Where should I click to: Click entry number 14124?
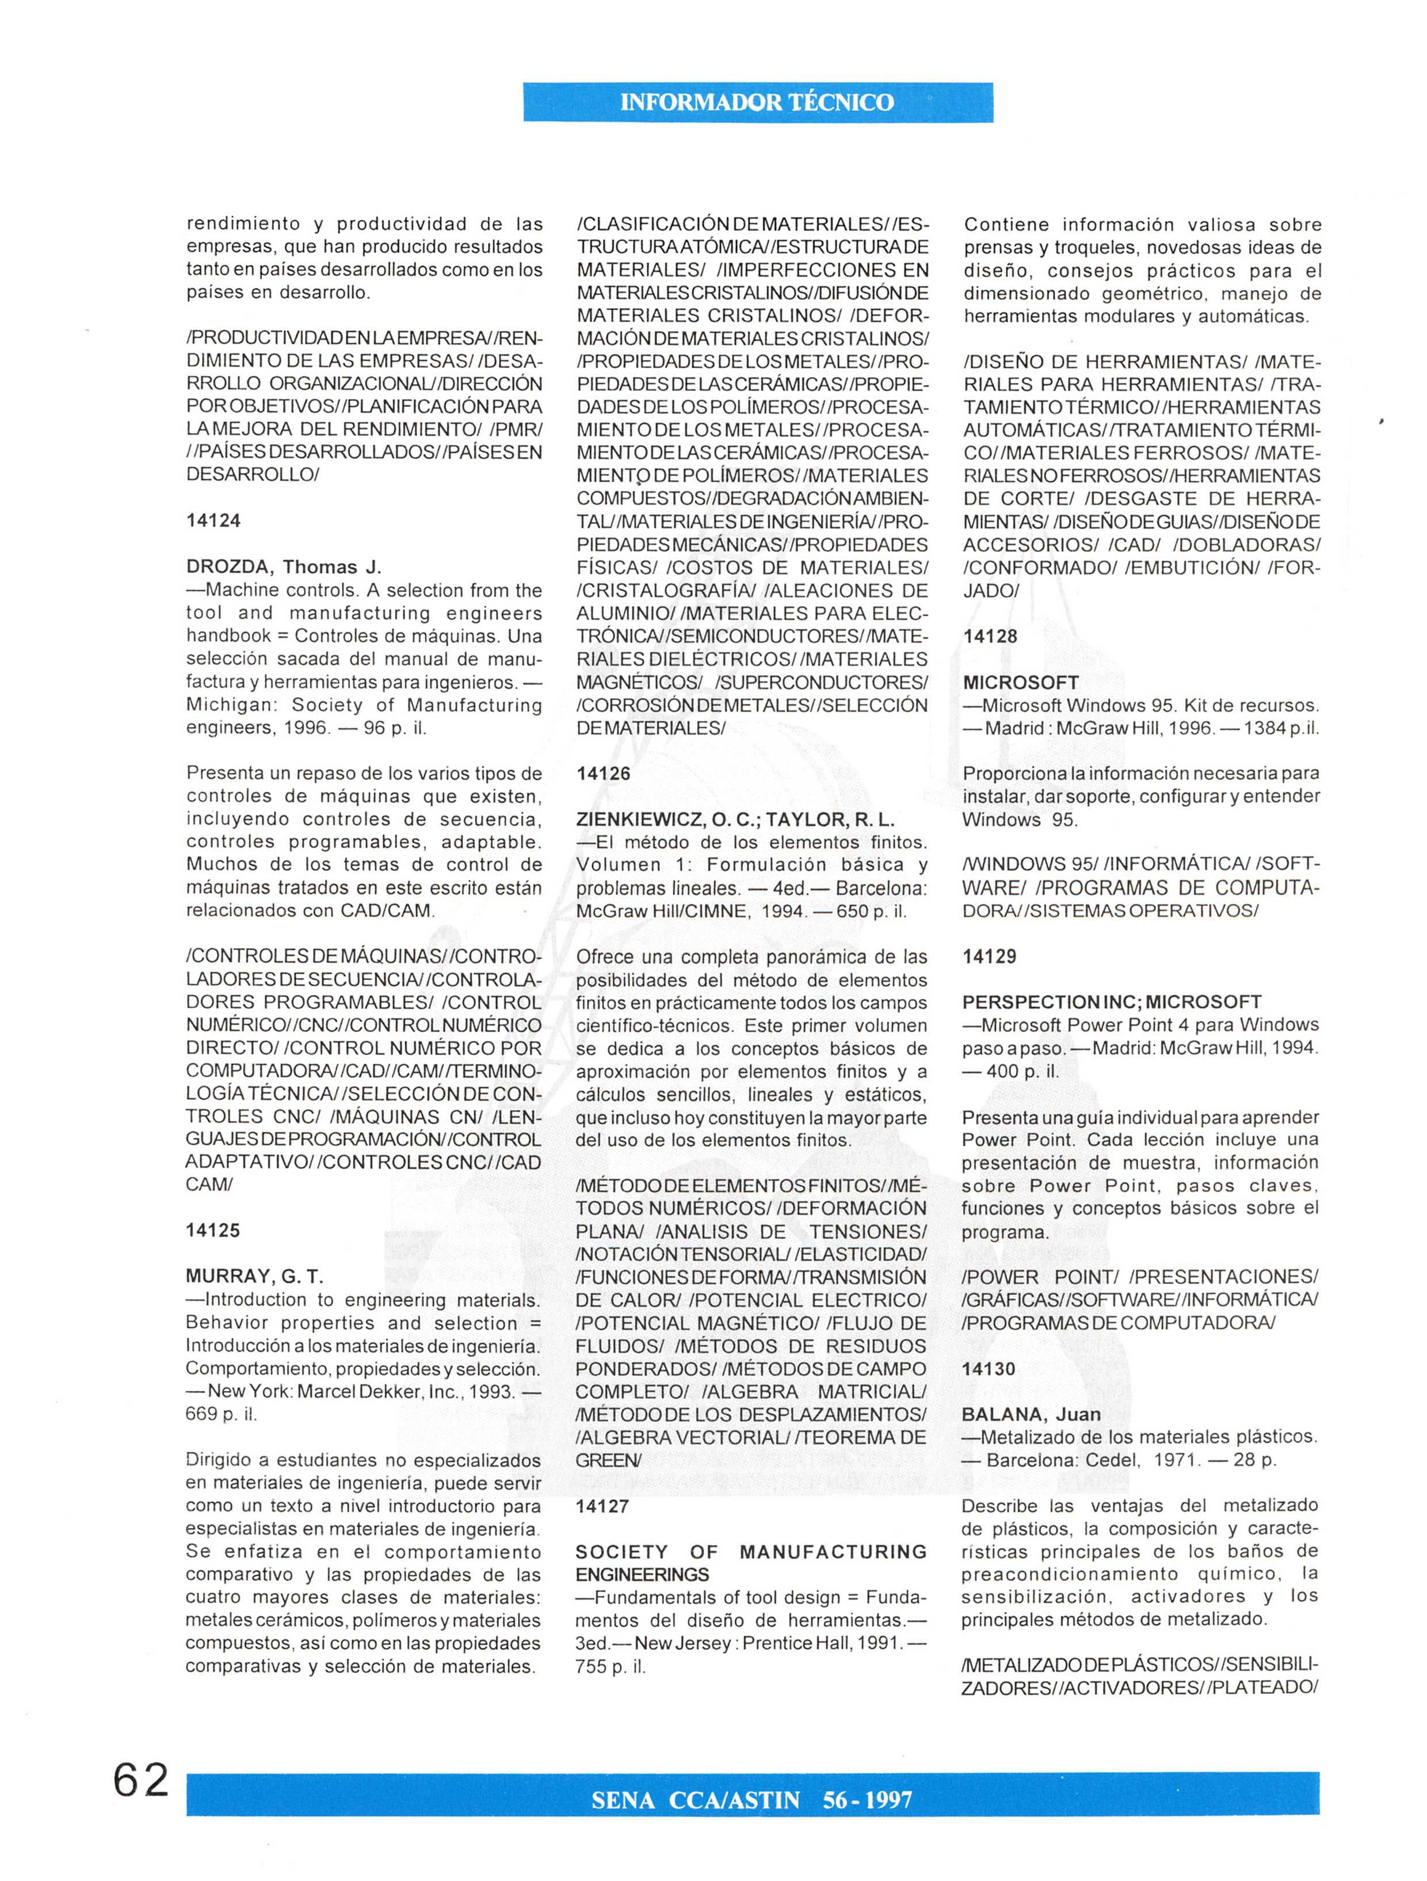[x=213, y=520]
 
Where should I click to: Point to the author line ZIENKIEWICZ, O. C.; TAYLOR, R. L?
[x=735, y=820]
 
